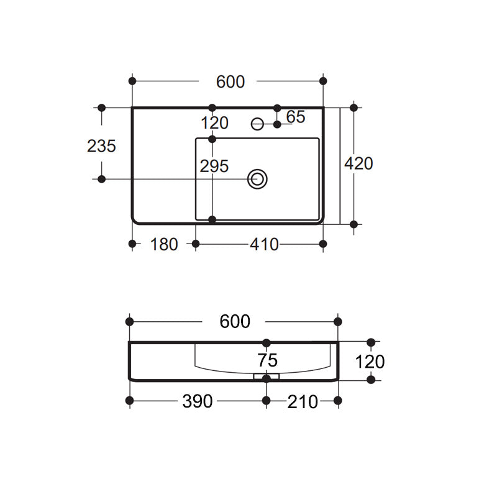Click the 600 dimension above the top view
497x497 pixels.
230,82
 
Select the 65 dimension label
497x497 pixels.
296,117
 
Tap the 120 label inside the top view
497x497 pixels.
214,123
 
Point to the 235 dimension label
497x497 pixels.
101,146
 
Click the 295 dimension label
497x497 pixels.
214,166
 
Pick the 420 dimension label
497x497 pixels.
358,163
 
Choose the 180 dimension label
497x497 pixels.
164,244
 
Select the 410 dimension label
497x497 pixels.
264,244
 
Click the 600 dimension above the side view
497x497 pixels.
235,321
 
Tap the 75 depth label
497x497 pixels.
268,360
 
